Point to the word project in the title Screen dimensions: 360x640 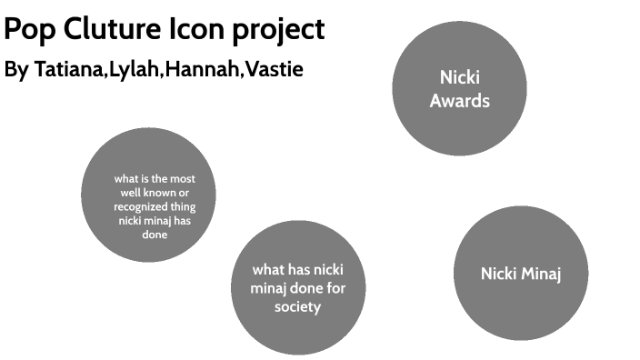pyautogui.click(x=276, y=31)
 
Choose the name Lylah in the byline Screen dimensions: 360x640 pyautogui.click(x=133, y=70)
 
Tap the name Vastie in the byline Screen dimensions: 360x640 pyautogui.click(x=272, y=70)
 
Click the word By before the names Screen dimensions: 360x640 pyautogui.click(x=17, y=70)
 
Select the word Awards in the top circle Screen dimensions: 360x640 pyautogui.click(x=459, y=101)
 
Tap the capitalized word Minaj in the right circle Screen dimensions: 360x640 pyautogui.click(x=541, y=274)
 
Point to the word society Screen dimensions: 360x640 pyautogui.click(x=297, y=307)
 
